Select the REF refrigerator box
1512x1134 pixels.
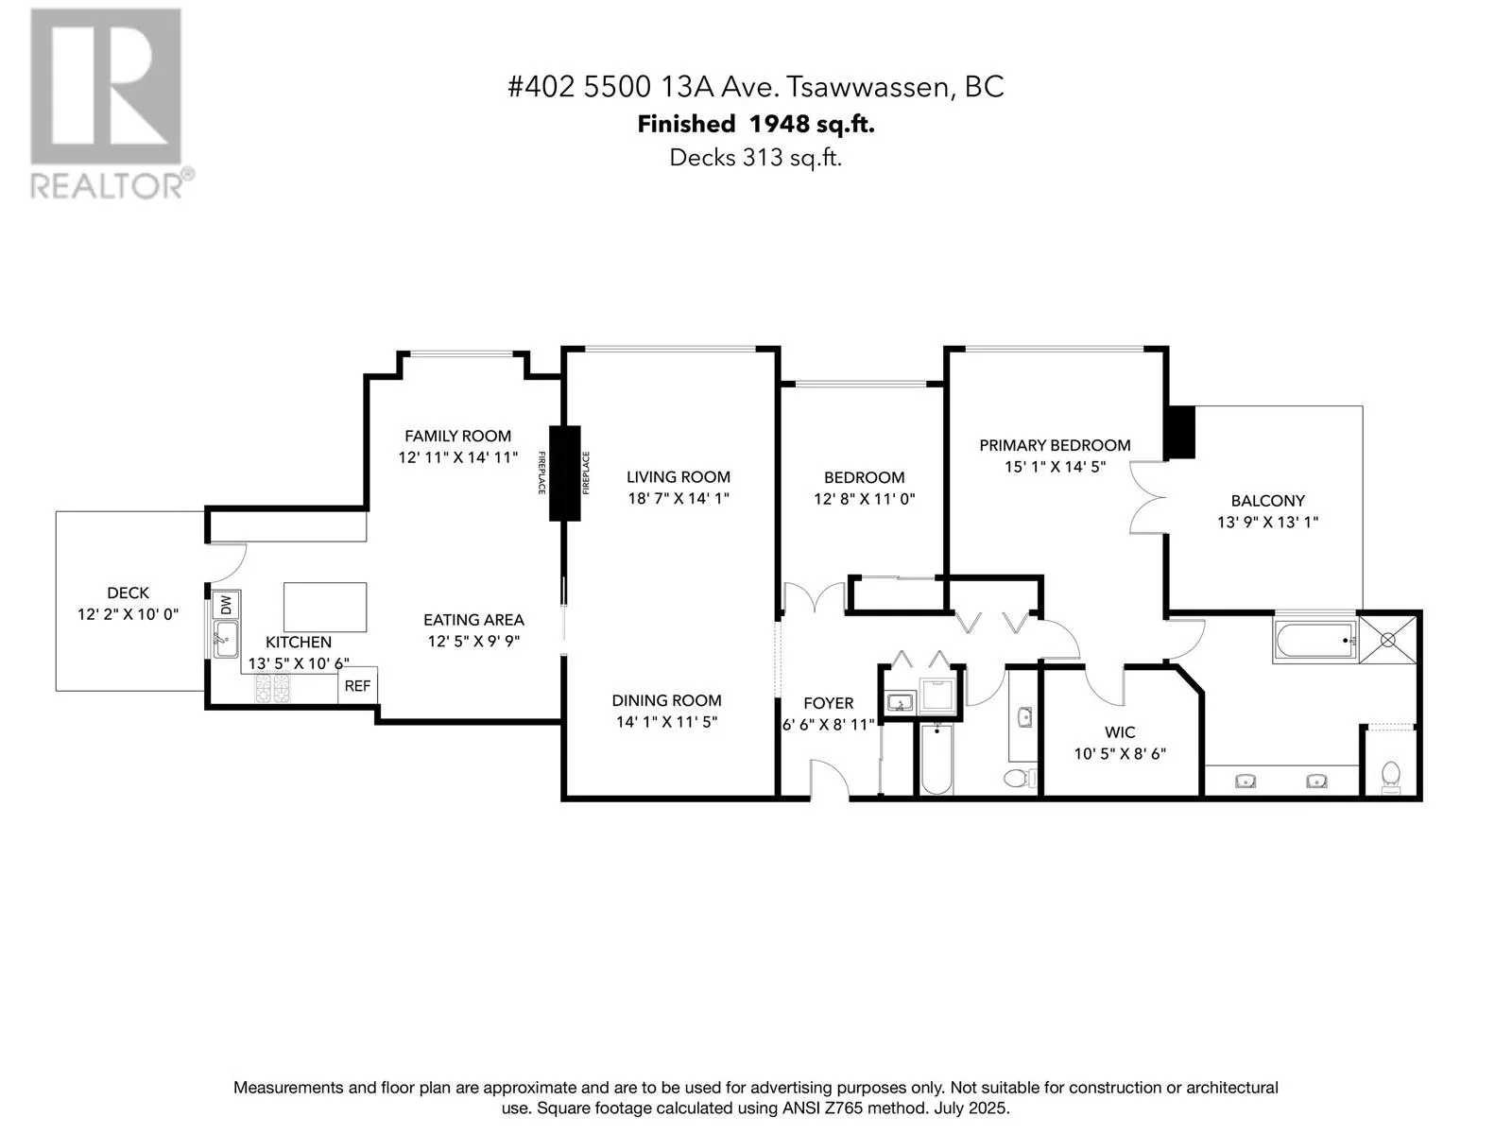[357, 686]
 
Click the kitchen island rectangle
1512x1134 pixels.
[325, 607]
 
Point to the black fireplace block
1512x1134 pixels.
[565, 472]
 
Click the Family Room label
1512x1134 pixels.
[457, 436]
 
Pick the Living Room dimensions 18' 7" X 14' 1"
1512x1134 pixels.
[679, 498]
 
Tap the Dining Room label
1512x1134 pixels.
[666, 700]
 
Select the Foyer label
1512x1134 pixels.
[828, 703]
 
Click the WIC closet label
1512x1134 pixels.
[1120, 732]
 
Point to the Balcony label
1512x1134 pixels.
[1267, 501]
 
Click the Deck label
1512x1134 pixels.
[128, 593]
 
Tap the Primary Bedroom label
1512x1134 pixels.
[1055, 445]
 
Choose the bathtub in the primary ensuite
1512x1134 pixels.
[1314, 641]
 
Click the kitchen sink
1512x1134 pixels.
[225, 639]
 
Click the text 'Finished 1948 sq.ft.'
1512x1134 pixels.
[755, 124]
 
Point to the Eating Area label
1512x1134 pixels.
[473, 620]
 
